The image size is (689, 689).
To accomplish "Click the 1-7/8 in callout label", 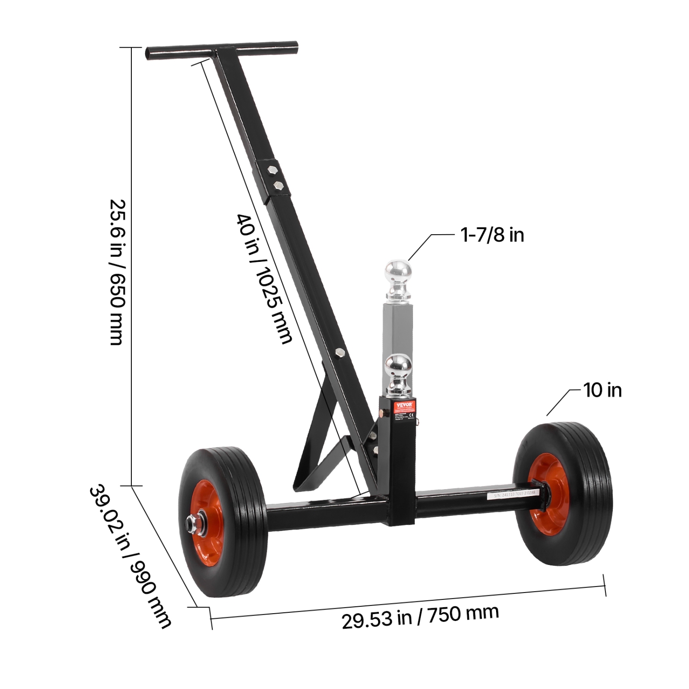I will (492, 235).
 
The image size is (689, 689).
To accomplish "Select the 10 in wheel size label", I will (602, 390).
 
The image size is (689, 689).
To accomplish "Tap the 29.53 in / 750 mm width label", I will (420, 616).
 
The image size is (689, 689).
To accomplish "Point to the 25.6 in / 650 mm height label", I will (116, 271).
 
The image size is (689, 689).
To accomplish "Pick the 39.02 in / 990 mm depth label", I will (130, 556).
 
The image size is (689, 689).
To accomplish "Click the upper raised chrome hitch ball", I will (398, 272).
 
